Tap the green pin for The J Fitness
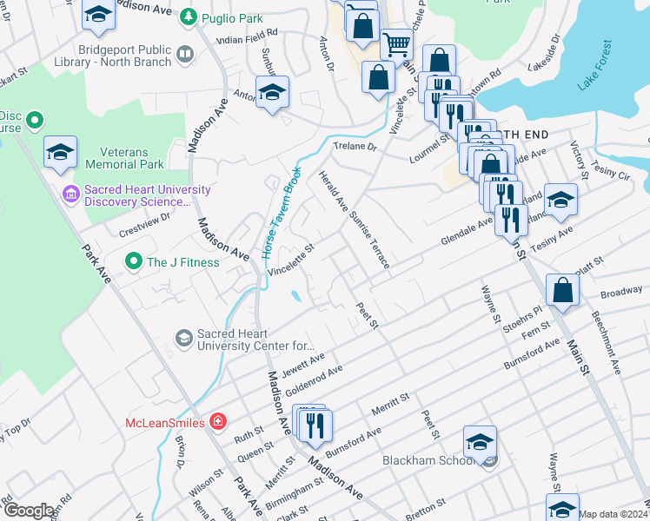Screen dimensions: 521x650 click(x=133, y=260)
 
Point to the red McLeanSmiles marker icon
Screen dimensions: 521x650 click(x=216, y=422)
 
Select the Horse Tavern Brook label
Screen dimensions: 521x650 click(x=280, y=214)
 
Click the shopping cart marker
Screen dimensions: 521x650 click(x=396, y=43)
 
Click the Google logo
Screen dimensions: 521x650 click(x=29, y=511)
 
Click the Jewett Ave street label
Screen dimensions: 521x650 click(x=304, y=359)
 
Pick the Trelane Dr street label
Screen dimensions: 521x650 click(x=357, y=148)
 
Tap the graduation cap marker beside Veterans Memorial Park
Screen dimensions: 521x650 click(x=60, y=151)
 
